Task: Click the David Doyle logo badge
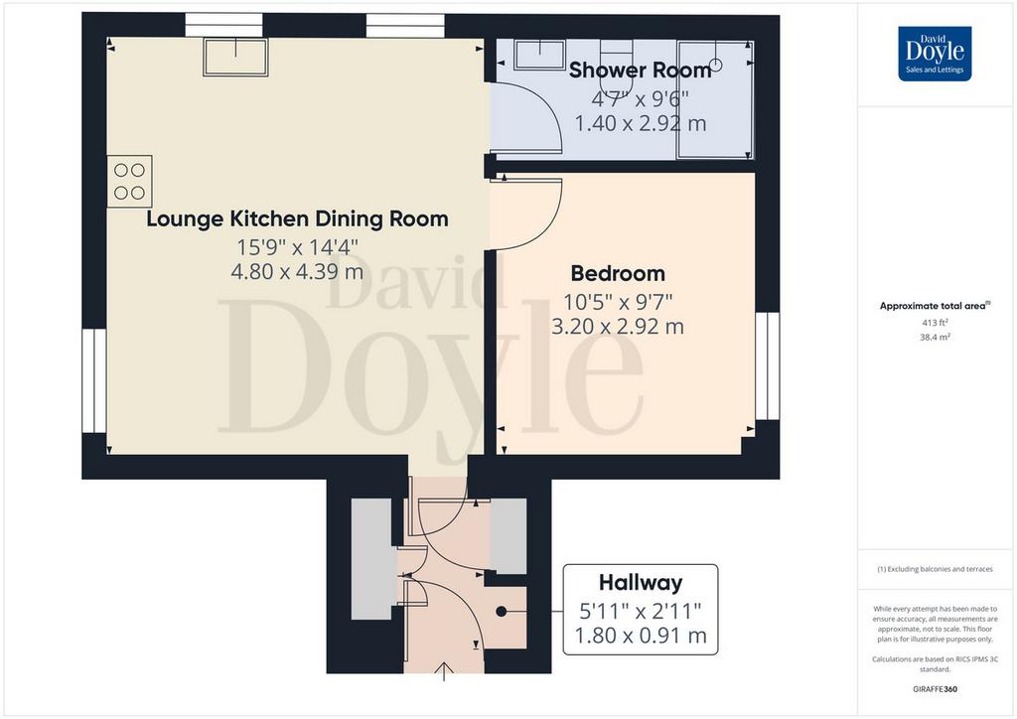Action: click(x=935, y=54)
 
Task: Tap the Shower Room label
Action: click(x=641, y=71)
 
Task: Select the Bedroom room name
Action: click(x=618, y=273)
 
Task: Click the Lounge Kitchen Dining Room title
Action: click(x=297, y=219)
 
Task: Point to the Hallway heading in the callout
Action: click(x=641, y=583)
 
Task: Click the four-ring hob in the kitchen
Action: click(x=130, y=182)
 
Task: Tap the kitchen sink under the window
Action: click(x=235, y=57)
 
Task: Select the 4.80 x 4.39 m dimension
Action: click(x=297, y=271)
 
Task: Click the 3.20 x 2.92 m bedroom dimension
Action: click(x=618, y=326)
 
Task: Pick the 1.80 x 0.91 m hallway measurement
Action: click(x=641, y=636)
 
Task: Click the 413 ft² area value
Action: click(x=935, y=322)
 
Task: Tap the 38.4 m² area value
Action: click(x=935, y=337)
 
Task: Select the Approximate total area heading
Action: click(x=935, y=306)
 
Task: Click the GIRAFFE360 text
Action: click(x=935, y=689)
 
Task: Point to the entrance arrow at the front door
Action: click(x=444, y=671)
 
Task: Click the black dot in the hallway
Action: click(x=502, y=611)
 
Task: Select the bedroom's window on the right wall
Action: click(x=768, y=366)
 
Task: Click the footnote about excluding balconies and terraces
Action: click(x=935, y=569)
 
